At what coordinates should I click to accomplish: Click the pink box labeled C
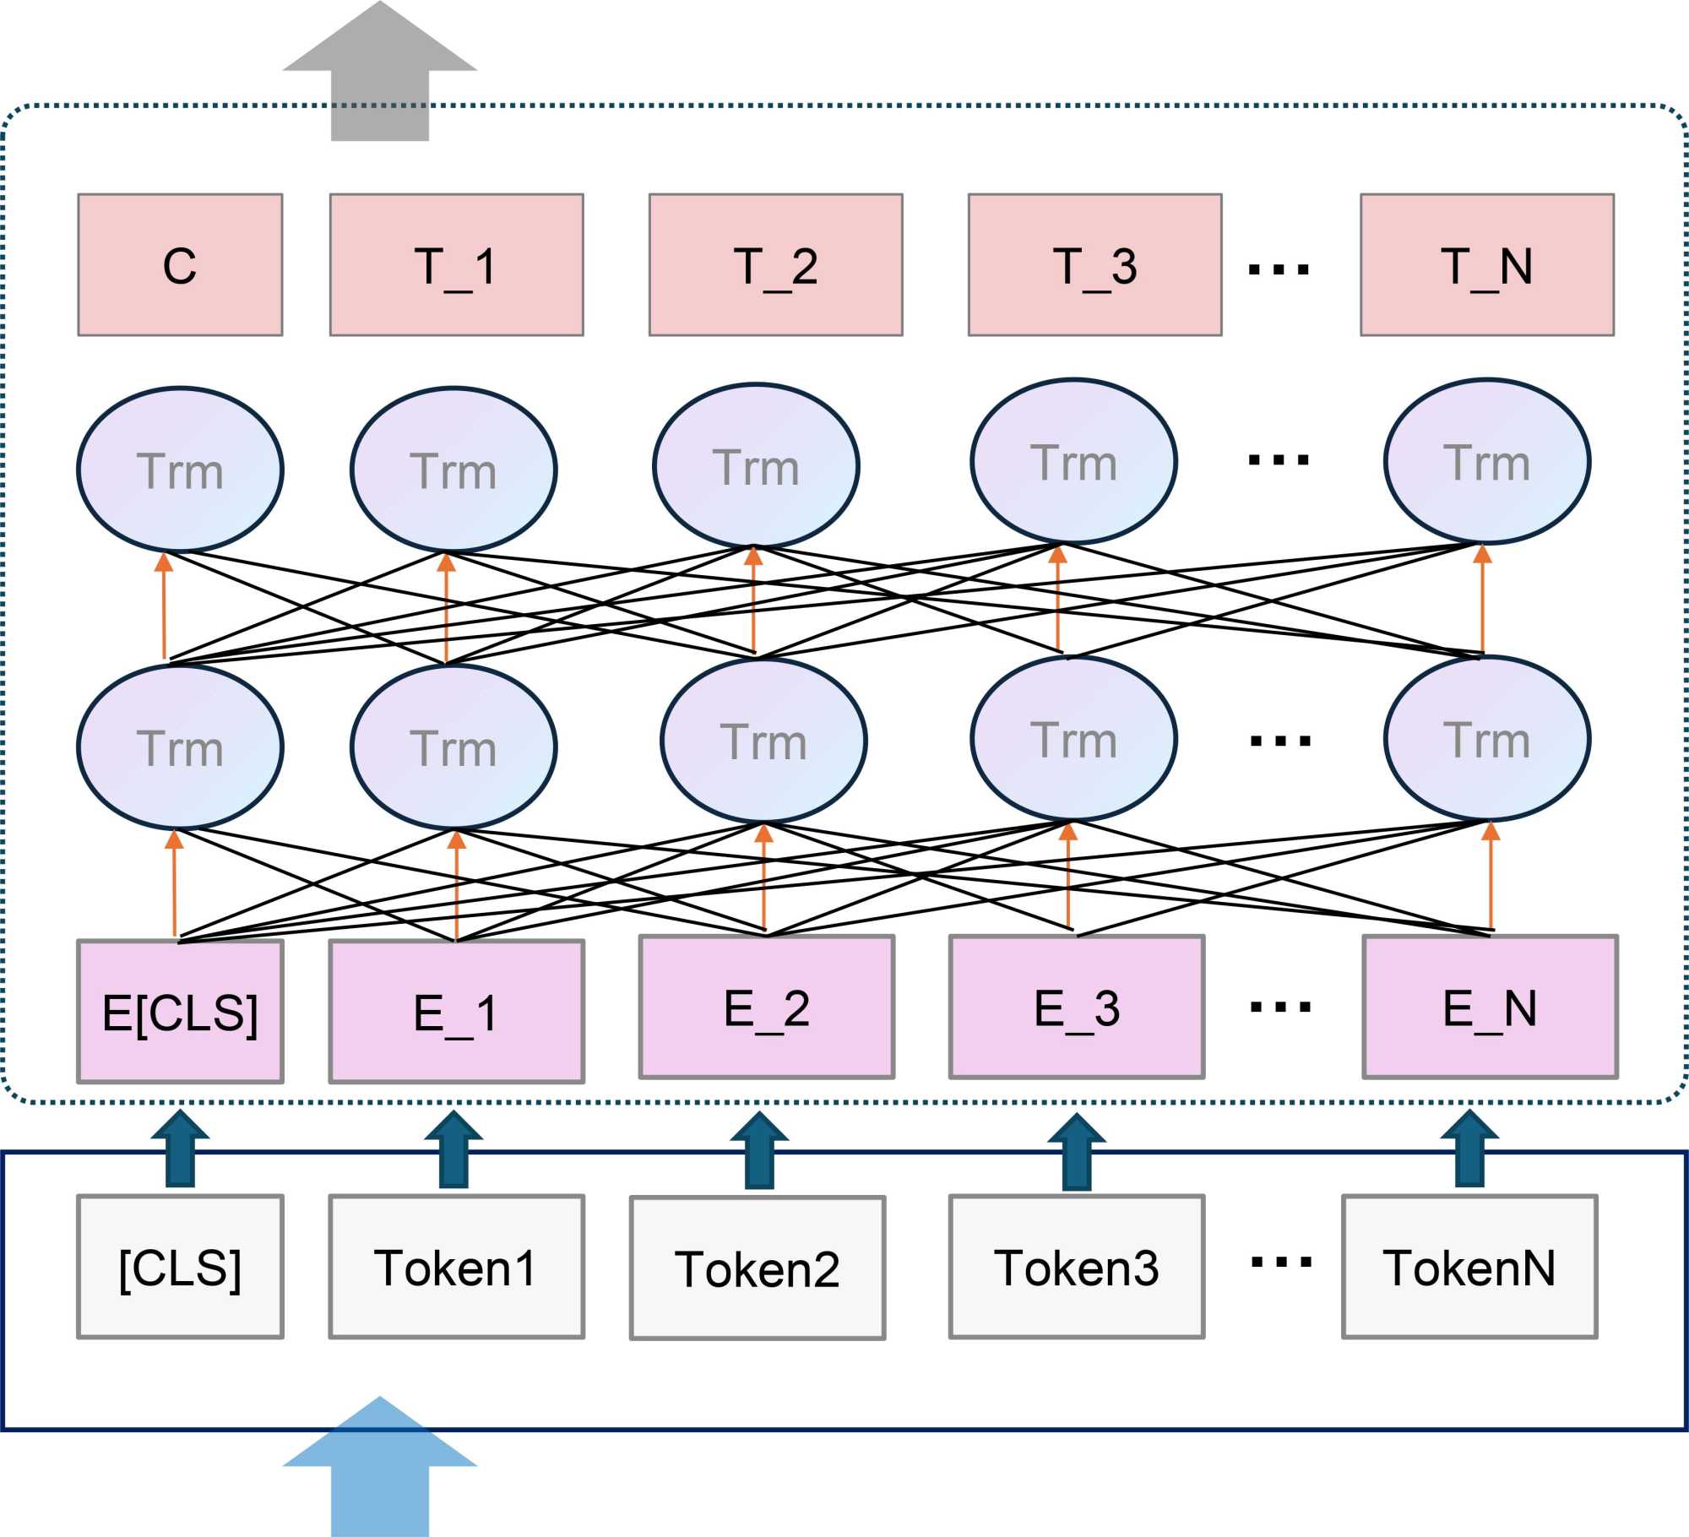click(180, 265)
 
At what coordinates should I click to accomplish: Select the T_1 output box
click(456, 265)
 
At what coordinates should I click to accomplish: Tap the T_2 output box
click(775, 265)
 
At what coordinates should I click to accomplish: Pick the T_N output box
click(1486, 265)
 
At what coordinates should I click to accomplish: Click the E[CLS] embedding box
click(180, 1011)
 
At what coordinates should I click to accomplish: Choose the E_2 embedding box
click(766, 1007)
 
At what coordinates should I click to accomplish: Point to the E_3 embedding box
click(1077, 1007)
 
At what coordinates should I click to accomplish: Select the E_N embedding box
click(1490, 1007)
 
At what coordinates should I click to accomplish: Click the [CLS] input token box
click(180, 1267)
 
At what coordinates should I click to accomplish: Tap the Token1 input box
click(456, 1267)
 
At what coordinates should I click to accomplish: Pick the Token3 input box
click(1077, 1267)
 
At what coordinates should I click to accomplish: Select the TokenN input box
click(1469, 1267)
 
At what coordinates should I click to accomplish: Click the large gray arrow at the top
click(380, 76)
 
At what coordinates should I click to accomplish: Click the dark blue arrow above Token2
click(759, 1150)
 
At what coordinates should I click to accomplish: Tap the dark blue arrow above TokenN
click(1469, 1149)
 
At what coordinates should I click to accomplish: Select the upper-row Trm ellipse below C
click(180, 470)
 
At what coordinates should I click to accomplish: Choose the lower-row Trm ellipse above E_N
click(1486, 739)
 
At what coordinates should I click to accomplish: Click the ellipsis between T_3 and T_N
click(1279, 269)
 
